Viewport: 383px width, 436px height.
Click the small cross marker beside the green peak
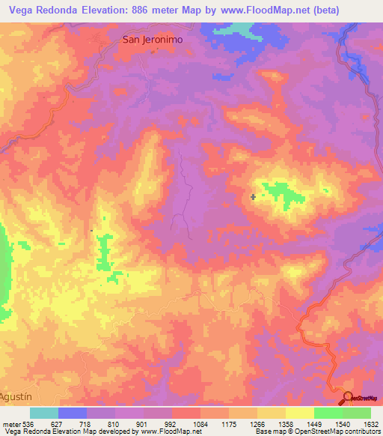[254, 197]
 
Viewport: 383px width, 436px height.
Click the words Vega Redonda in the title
[45, 10]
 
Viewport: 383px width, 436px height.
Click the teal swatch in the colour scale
[44, 413]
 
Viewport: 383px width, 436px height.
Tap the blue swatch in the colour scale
[73, 413]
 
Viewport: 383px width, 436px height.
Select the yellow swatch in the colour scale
[300, 413]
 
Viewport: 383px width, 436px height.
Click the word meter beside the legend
[10, 423]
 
